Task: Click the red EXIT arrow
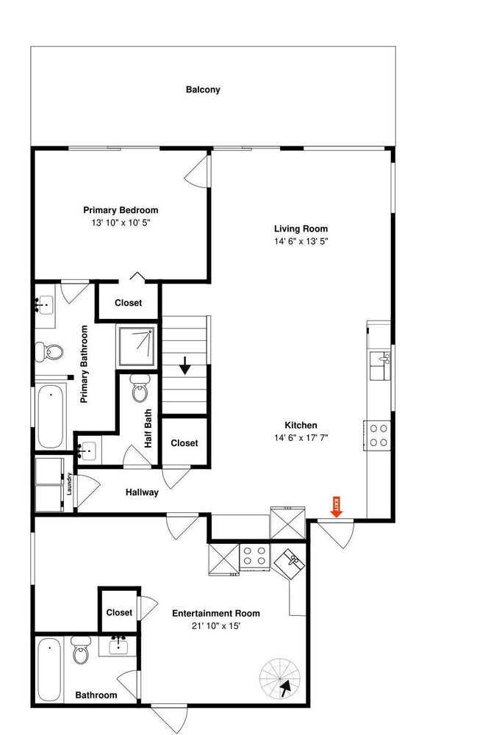[337, 506]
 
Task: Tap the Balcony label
[203, 90]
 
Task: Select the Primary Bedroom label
[121, 210]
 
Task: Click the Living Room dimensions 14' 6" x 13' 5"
[301, 241]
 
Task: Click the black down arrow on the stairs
[185, 365]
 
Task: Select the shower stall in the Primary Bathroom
[137, 346]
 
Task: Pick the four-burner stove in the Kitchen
[377, 435]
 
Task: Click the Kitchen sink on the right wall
[380, 365]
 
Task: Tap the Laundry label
[69, 484]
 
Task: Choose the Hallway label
[142, 492]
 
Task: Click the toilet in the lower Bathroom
[80, 650]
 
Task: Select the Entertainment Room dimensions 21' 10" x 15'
[216, 625]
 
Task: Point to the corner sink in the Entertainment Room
[289, 563]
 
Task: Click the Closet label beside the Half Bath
[184, 443]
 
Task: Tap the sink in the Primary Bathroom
[46, 306]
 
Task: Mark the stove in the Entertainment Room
[255, 556]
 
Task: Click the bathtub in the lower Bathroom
[49, 670]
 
